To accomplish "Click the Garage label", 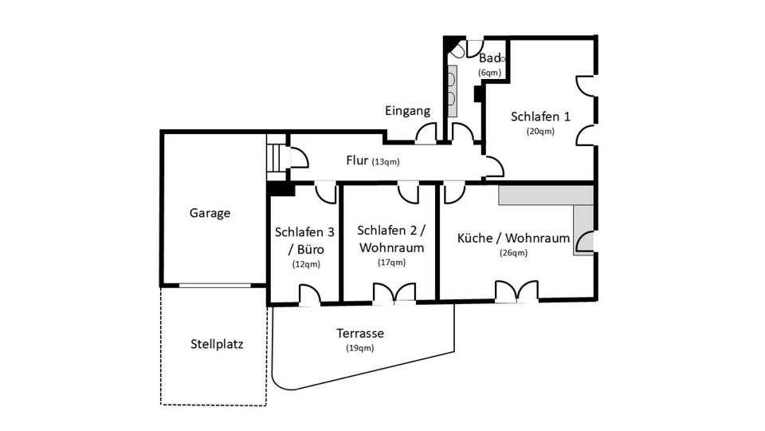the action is tap(210, 213).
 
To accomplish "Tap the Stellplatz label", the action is tap(217, 346).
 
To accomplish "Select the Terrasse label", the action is tap(359, 333).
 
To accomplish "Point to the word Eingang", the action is tap(407, 111).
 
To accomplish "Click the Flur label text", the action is tap(357, 160).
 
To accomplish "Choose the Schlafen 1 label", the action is tap(540, 117).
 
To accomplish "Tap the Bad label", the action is tap(489, 58).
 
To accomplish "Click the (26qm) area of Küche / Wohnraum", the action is tap(514, 253).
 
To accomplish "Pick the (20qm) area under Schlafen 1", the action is tap(539, 132).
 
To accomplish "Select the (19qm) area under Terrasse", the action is tap(359, 348).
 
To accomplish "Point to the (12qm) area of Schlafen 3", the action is tap(304, 263).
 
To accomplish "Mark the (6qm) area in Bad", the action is tap(489, 73).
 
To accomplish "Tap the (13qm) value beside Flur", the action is tap(386, 162).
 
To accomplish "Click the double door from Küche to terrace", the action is tap(516, 291).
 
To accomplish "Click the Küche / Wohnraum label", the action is tap(514, 238).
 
